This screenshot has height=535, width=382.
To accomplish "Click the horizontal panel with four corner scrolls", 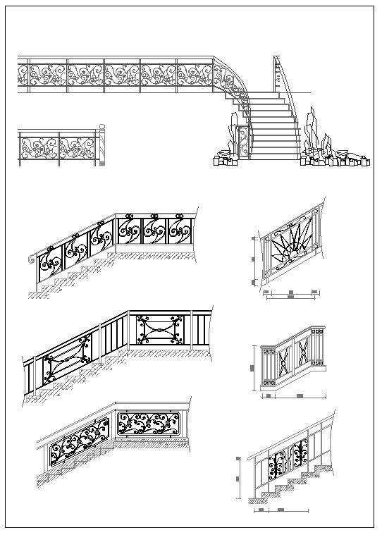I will pos(159,330).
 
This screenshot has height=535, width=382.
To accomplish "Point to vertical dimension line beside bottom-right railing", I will pos(241,479).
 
